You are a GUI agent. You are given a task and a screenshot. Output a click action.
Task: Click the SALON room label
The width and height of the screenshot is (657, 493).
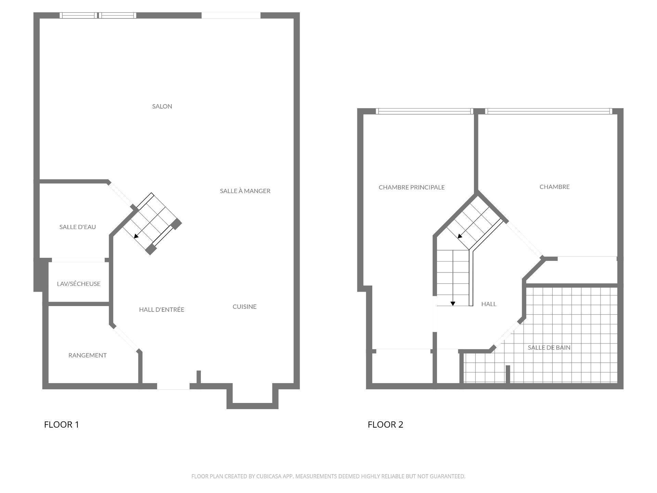click(162, 106)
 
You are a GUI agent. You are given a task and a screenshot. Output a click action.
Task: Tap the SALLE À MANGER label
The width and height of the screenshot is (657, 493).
click(245, 191)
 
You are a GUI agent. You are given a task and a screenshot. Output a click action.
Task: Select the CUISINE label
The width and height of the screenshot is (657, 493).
click(244, 307)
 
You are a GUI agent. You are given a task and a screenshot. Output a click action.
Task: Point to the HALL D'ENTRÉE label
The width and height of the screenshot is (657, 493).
click(162, 310)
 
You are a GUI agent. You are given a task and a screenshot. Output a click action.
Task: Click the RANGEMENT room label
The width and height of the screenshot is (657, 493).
click(88, 355)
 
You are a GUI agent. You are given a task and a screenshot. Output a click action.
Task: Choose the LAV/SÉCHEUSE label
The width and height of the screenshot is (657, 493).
click(79, 284)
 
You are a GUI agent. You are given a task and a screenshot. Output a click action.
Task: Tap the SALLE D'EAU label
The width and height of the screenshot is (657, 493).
click(78, 227)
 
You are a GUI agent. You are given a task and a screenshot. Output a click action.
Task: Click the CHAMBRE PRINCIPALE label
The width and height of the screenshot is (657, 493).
click(412, 187)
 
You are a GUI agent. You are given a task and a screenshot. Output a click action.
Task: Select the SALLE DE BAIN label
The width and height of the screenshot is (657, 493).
click(549, 347)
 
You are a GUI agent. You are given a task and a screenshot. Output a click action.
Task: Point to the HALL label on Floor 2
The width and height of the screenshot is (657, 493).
click(489, 304)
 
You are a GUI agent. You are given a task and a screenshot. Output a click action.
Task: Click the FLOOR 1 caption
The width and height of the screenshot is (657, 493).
click(62, 425)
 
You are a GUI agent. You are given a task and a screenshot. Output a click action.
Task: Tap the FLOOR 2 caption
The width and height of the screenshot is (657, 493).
click(385, 425)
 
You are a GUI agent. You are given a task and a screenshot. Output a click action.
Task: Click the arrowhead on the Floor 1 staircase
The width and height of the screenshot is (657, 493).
click(136, 236)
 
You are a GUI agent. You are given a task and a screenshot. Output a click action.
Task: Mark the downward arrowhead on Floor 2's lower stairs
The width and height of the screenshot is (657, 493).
click(453, 303)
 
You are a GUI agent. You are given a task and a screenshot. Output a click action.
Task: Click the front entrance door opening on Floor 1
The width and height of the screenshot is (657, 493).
click(173, 386)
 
